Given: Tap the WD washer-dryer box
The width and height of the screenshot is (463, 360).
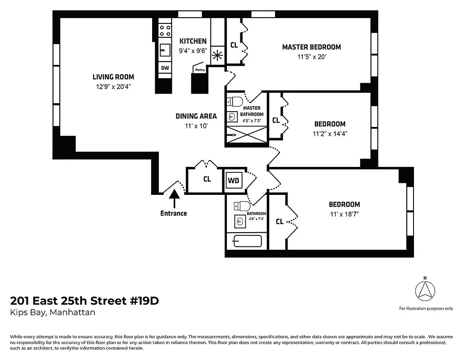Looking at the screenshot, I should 234,180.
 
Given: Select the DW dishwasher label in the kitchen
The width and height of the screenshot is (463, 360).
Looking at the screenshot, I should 165,68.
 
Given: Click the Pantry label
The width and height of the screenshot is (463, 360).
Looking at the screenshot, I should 200,70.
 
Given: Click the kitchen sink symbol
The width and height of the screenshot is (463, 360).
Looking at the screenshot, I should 165,49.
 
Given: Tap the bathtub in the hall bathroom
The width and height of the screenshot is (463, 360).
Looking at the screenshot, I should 247,241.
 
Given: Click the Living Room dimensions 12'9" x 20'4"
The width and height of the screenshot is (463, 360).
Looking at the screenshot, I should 113,86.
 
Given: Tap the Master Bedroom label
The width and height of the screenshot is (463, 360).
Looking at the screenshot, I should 311,47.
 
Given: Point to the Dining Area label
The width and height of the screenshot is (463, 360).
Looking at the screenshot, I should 196,116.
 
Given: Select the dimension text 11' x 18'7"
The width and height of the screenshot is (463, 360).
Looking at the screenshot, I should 344,215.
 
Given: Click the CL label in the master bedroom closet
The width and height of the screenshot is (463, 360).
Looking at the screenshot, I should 234,45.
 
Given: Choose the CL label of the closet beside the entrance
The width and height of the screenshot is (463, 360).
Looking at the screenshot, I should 207,179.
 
